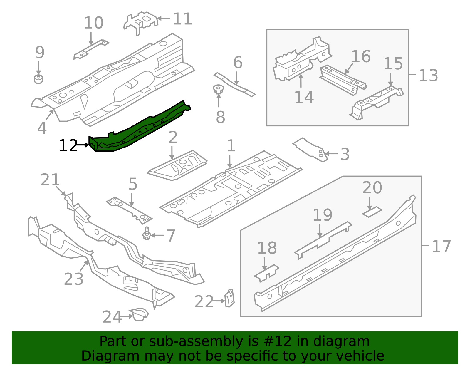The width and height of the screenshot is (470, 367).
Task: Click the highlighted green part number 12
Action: [x=138, y=129]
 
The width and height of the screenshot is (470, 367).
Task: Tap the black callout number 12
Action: [x=68, y=146]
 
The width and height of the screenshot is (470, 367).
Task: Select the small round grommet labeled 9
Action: [x=38, y=79]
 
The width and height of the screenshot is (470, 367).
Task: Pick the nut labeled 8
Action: [x=218, y=89]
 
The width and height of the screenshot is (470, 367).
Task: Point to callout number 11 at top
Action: [x=182, y=19]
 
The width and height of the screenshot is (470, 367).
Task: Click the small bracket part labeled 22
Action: [x=230, y=298]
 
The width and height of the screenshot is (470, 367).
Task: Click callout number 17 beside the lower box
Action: [x=441, y=246]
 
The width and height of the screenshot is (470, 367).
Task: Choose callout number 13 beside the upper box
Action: [x=428, y=76]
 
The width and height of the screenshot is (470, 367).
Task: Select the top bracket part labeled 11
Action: [x=140, y=22]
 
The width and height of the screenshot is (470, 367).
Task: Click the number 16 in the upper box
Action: [x=361, y=56]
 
